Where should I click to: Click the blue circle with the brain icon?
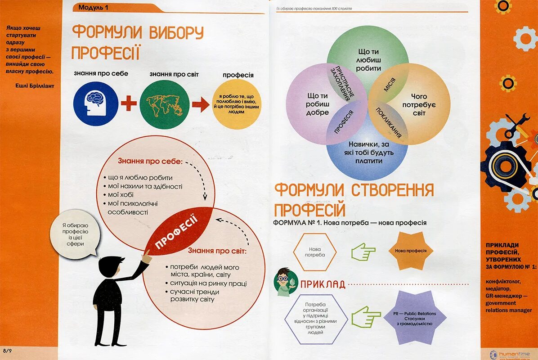pos(96,103)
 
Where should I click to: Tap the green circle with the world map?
pos(164,104)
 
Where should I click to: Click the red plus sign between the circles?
pos(129,103)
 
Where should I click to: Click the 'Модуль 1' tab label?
pos(93,7)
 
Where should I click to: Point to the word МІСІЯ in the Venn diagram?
pos(390,83)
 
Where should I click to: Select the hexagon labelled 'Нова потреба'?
pos(314,252)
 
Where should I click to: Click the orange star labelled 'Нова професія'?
pos(410,251)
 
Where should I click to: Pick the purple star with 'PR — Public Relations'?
pos(414,318)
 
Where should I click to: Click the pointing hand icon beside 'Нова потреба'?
pos(363,252)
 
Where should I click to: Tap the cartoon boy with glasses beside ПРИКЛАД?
pos(285,282)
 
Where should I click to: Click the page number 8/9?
pos(7,350)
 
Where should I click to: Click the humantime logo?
pos(508,353)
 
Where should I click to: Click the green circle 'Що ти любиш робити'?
pos(368,60)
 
